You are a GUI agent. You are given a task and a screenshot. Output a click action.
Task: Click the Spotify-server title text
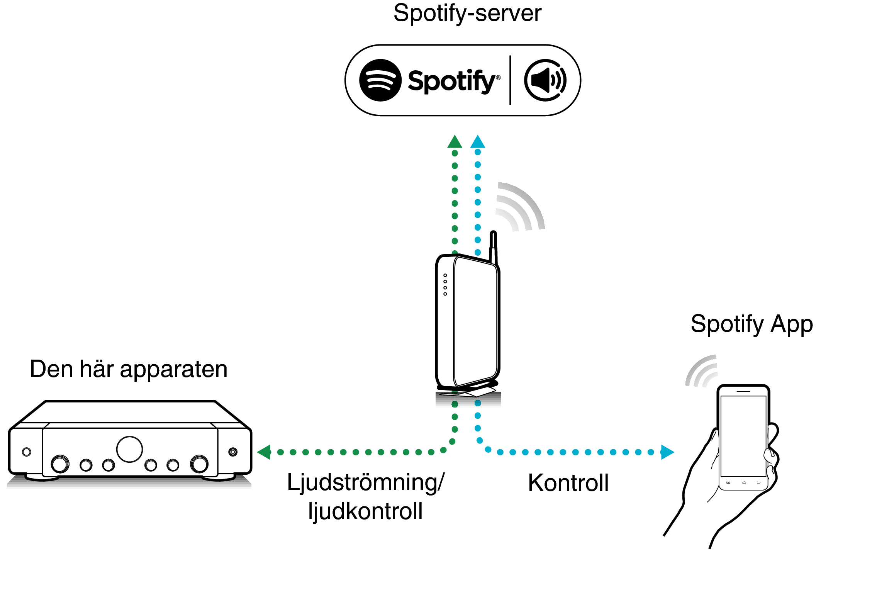click(467, 14)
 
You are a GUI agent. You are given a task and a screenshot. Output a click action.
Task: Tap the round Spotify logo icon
click(380, 80)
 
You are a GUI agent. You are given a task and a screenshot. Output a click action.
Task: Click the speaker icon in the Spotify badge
click(545, 80)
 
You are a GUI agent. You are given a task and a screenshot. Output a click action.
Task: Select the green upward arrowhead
click(455, 142)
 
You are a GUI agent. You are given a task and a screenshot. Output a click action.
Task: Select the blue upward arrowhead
click(478, 142)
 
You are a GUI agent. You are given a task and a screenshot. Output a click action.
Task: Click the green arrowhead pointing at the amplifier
click(265, 452)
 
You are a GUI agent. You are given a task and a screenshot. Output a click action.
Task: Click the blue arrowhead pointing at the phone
click(667, 452)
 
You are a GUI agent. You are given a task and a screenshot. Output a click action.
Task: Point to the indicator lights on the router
click(445, 285)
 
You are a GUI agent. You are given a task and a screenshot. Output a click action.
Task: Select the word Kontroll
click(568, 483)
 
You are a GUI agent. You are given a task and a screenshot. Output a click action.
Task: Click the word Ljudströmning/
click(365, 483)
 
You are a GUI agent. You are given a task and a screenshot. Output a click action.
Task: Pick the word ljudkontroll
click(365, 511)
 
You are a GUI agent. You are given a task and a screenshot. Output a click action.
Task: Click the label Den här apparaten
click(129, 369)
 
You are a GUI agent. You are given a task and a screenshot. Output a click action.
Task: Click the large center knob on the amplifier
click(129, 449)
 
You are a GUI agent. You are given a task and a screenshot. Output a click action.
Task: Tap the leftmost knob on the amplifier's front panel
click(60, 464)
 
